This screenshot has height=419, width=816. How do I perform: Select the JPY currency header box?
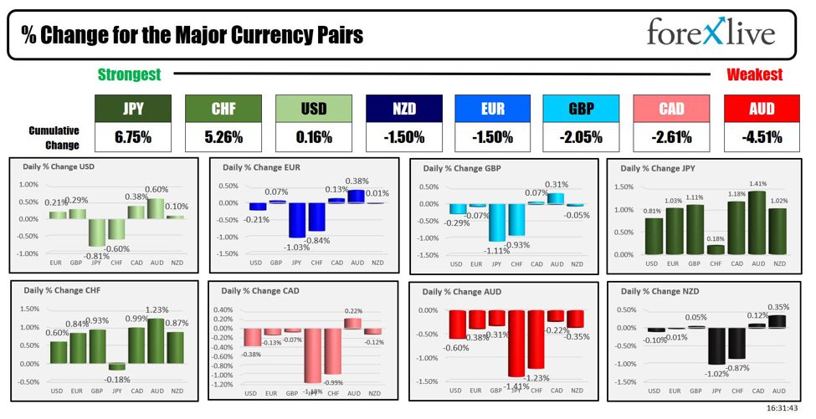tap(132, 108)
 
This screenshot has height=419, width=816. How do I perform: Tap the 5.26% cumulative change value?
tap(222, 137)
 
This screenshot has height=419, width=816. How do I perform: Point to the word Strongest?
tap(129, 74)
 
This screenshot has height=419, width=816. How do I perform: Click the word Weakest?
tap(754, 74)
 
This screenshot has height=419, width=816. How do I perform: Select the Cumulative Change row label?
tap(54, 137)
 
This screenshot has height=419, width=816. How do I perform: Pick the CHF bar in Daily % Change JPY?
tap(716, 249)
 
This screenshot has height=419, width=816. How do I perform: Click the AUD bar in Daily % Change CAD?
tap(353, 323)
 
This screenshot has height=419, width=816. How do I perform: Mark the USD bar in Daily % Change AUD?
tap(456, 324)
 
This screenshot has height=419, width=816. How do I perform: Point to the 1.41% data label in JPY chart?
tap(758, 184)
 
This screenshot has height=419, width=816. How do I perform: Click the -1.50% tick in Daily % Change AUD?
tap(429, 381)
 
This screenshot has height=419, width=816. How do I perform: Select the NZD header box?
tap(403, 108)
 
